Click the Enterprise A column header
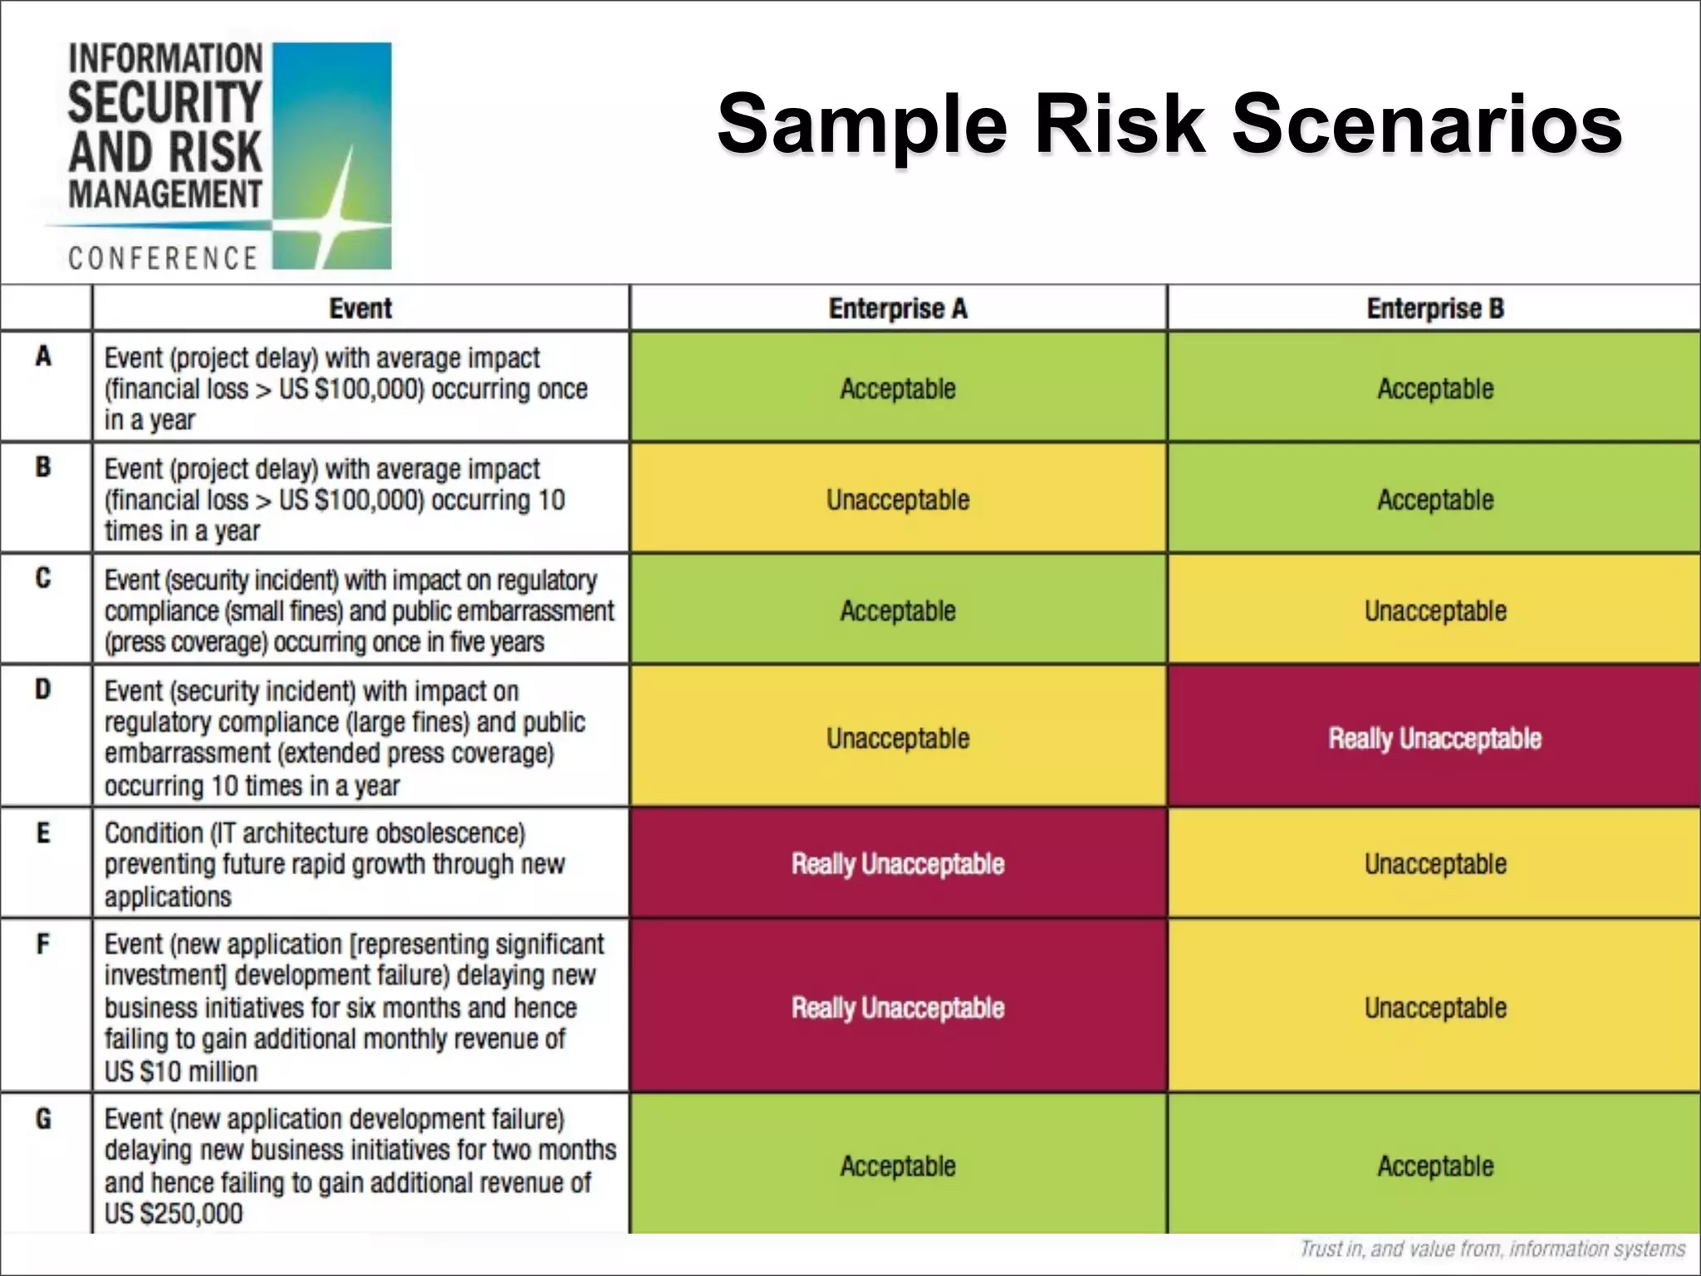[898, 309]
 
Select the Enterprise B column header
[1434, 309]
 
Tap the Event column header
[360, 309]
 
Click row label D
[43, 689]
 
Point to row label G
[43, 1119]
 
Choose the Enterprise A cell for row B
[898, 500]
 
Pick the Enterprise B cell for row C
[1434, 611]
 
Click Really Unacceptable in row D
[1434, 739]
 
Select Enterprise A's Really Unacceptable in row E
[898, 864]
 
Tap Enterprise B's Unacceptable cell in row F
[1434, 1008]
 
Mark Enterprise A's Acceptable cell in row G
[898, 1166]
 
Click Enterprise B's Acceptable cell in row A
[1434, 389]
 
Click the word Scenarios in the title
[1426, 125]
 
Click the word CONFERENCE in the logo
[163, 258]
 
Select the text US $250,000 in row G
[174, 1214]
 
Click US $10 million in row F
[181, 1072]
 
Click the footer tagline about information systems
[1492, 1249]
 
